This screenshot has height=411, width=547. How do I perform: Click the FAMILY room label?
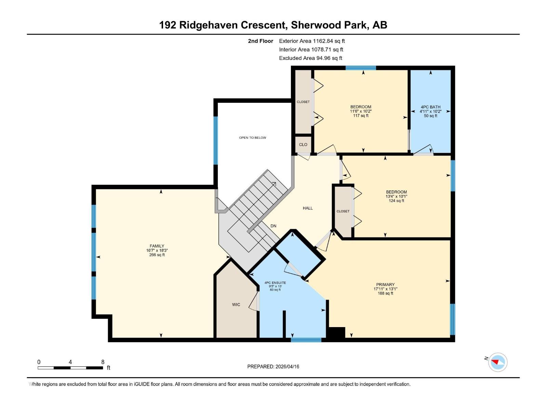(157, 246)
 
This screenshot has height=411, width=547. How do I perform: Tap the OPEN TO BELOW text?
(252, 138)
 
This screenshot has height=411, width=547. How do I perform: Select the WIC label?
(236, 304)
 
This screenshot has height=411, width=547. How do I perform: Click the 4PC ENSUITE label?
(275, 283)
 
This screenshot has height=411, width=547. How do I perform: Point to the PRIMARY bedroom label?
(385, 285)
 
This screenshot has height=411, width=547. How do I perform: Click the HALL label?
(308, 208)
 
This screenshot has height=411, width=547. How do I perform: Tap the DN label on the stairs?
(273, 226)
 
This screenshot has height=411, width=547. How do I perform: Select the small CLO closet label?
(303, 145)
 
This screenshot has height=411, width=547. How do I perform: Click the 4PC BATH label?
(430, 107)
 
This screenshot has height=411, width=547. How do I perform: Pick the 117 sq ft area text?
(361, 116)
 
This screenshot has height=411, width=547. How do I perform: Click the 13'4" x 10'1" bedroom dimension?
(396, 197)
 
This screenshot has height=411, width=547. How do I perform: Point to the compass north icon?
(497, 362)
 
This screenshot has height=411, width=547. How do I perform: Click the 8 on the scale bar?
(103, 362)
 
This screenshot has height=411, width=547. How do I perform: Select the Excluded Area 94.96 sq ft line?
(310, 58)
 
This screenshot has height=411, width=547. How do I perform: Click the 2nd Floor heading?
(261, 41)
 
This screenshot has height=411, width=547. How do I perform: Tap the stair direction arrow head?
(274, 184)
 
